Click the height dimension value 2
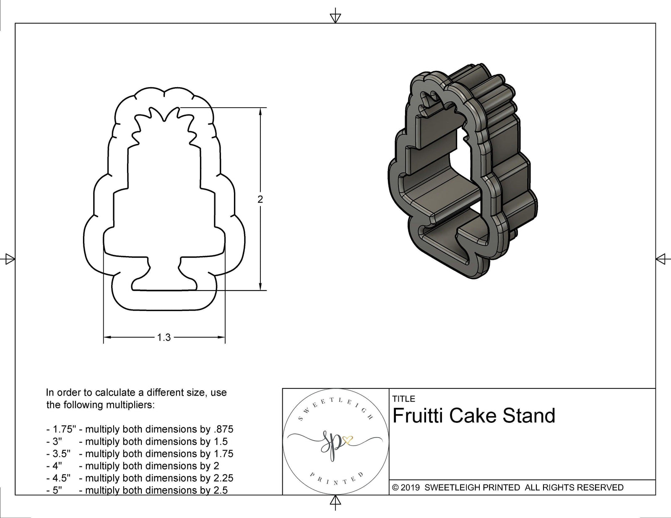point(260,200)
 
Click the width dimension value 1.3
point(164,337)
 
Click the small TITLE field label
point(403,399)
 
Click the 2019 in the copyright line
point(411,487)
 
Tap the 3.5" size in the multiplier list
point(61,453)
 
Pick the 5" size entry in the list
point(57,490)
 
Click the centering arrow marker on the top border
point(335,18)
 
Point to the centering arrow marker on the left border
point(10,259)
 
